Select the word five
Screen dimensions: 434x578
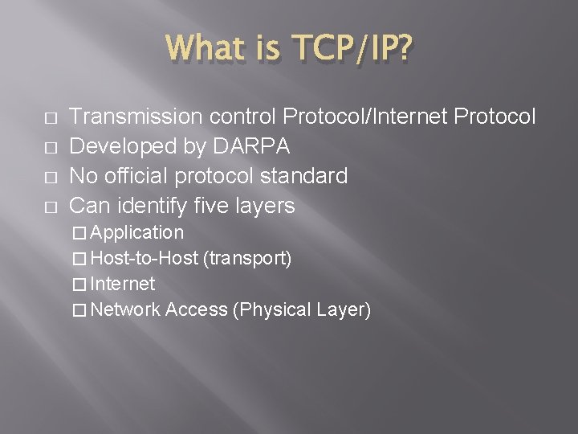tap(210, 206)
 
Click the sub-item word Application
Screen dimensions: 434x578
tap(138, 233)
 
